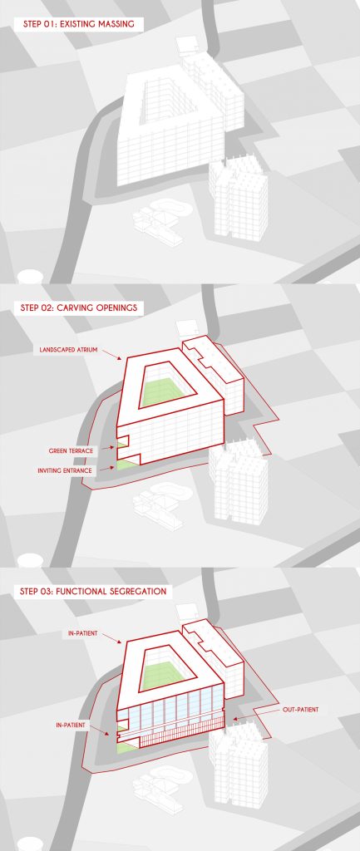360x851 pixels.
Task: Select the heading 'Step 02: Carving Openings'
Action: (79, 307)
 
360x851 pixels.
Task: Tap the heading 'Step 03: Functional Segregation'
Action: (93, 591)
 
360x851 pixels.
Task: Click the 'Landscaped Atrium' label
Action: (68, 350)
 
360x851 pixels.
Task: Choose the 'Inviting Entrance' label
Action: (65, 470)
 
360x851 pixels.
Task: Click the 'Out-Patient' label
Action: (300, 710)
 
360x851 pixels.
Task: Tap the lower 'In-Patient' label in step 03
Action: (71, 725)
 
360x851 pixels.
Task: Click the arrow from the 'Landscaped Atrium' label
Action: (113, 354)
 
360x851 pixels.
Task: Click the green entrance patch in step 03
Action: (126, 747)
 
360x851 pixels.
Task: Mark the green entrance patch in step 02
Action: (126, 465)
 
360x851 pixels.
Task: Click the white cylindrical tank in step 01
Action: (30, 277)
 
